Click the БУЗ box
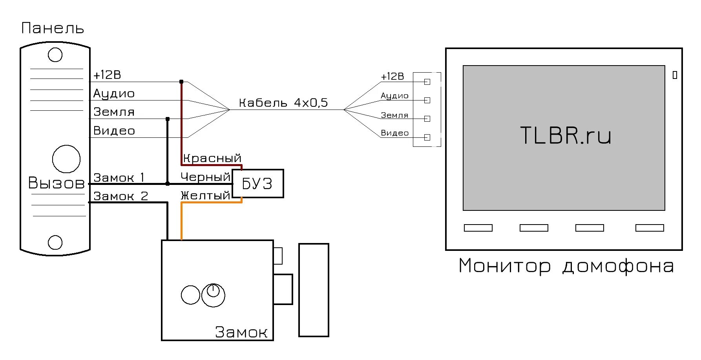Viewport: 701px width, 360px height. coord(257,184)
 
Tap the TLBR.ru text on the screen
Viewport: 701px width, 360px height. coord(566,135)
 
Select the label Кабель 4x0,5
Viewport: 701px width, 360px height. coord(283,103)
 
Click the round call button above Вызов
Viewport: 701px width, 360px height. coord(66,159)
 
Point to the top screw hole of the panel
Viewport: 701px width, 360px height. coord(55,55)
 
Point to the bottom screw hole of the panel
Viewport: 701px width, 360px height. coord(55,242)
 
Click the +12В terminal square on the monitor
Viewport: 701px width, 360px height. coord(427,82)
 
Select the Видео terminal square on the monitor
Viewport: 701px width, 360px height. coord(427,137)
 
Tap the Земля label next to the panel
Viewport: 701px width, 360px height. coord(114,112)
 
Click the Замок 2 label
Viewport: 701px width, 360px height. coord(120,196)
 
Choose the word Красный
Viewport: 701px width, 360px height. coord(212,158)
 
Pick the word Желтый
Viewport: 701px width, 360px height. coord(205,195)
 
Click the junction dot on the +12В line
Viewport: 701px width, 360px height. coord(181,82)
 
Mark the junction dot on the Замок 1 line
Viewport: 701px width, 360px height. coord(168,183)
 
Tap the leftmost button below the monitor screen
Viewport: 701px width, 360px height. coord(478,228)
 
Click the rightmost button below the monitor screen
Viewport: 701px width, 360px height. coord(650,228)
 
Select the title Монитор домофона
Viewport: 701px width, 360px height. coord(566,266)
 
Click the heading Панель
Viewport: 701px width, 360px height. coord(53,28)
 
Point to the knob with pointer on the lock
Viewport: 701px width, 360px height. coord(213,295)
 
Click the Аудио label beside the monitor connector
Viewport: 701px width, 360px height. coord(394,96)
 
